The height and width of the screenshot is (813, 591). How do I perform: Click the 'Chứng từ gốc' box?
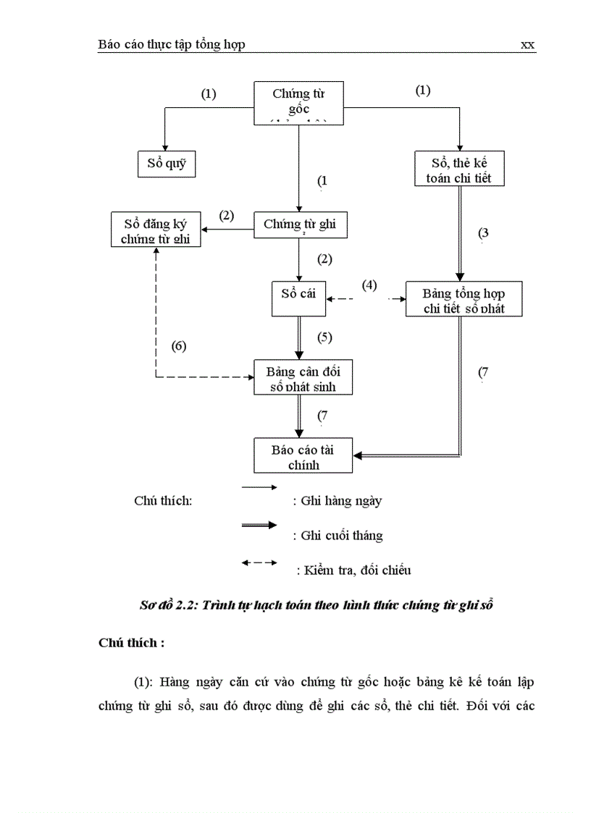click(298, 102)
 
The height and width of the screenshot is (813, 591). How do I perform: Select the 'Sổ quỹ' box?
click(167, 164)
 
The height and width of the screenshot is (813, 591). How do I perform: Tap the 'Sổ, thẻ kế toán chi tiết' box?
click(458, 168)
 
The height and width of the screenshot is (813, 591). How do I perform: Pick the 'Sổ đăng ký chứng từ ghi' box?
click(156, 229)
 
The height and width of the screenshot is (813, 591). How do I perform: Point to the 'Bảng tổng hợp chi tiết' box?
click(464, 299)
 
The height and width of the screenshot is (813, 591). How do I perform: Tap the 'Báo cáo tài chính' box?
click(303, 455)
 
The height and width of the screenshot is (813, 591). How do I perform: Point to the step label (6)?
click(178, 345)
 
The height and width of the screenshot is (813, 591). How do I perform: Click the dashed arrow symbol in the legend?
click(259, 563)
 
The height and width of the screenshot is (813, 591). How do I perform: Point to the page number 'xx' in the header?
click(527, 45)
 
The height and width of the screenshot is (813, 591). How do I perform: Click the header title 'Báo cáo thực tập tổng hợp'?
click(172, 45)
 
